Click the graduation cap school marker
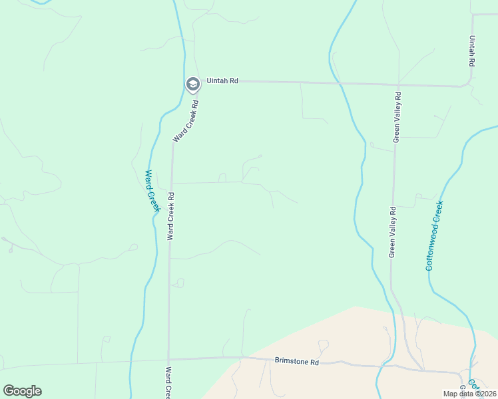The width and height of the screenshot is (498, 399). pyautogui.click(x=192, y=84)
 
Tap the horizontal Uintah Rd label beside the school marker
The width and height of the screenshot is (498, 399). pyautogui.click(x=222, y=80)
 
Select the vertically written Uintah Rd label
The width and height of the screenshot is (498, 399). pyautogui.click(x=471, y=51)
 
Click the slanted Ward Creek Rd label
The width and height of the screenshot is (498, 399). pyautogui.click(x=186, y=120)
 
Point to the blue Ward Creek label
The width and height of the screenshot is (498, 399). pyautogui.click(x=153, y=192)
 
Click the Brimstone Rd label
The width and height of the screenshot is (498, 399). pyautogui.click(x=297, y=362)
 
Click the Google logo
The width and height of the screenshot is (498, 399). pyautogui.click(x=22, y=391)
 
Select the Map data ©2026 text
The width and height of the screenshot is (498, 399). pyautogui.click(x=469, y=394)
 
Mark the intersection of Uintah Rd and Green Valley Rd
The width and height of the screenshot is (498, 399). pyautogui.click(x=398, y=84)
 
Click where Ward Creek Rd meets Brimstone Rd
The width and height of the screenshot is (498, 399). pyautogui.click(x=168, y=359)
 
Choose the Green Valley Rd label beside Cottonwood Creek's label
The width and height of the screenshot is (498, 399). pyautogui.click(x=393, y=231)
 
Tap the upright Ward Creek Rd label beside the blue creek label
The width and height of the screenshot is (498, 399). pyautogui.click(x=170, y=216)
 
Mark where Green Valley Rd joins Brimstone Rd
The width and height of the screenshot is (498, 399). pyautogui.click(x=422, y=370)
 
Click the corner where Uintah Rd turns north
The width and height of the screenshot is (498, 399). pyautogui.click(x=471, y=82)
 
